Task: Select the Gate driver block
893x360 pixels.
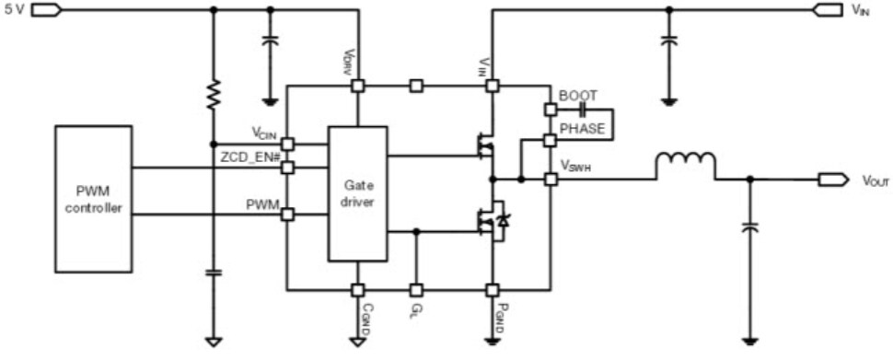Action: point(357,194)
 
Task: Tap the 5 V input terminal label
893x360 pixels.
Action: point(14,10)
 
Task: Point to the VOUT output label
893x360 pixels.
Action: point(875,181)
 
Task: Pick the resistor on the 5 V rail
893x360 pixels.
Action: point(214,94)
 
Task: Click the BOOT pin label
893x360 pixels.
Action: point(578,96)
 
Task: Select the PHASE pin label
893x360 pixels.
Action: point(582,129)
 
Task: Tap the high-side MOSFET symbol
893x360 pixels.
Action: point(482,145)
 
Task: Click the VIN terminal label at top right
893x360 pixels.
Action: point(862,10)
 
